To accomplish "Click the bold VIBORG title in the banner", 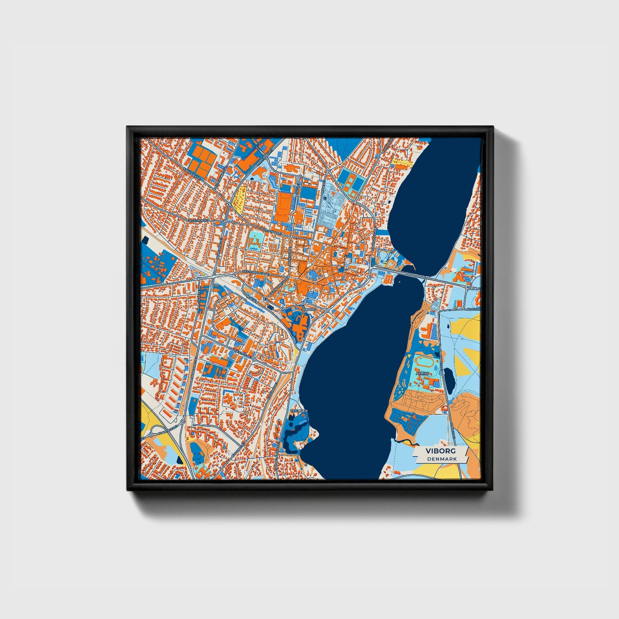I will pos(441,451).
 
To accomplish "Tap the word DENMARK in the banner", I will pos(442,459).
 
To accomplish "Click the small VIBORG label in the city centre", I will pos(309,308).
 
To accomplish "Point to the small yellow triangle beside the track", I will pos(409,355).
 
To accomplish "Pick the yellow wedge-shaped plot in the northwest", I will pos(239,200).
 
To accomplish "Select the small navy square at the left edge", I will pos(145,238).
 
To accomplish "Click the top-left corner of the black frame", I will pos(128,127).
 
